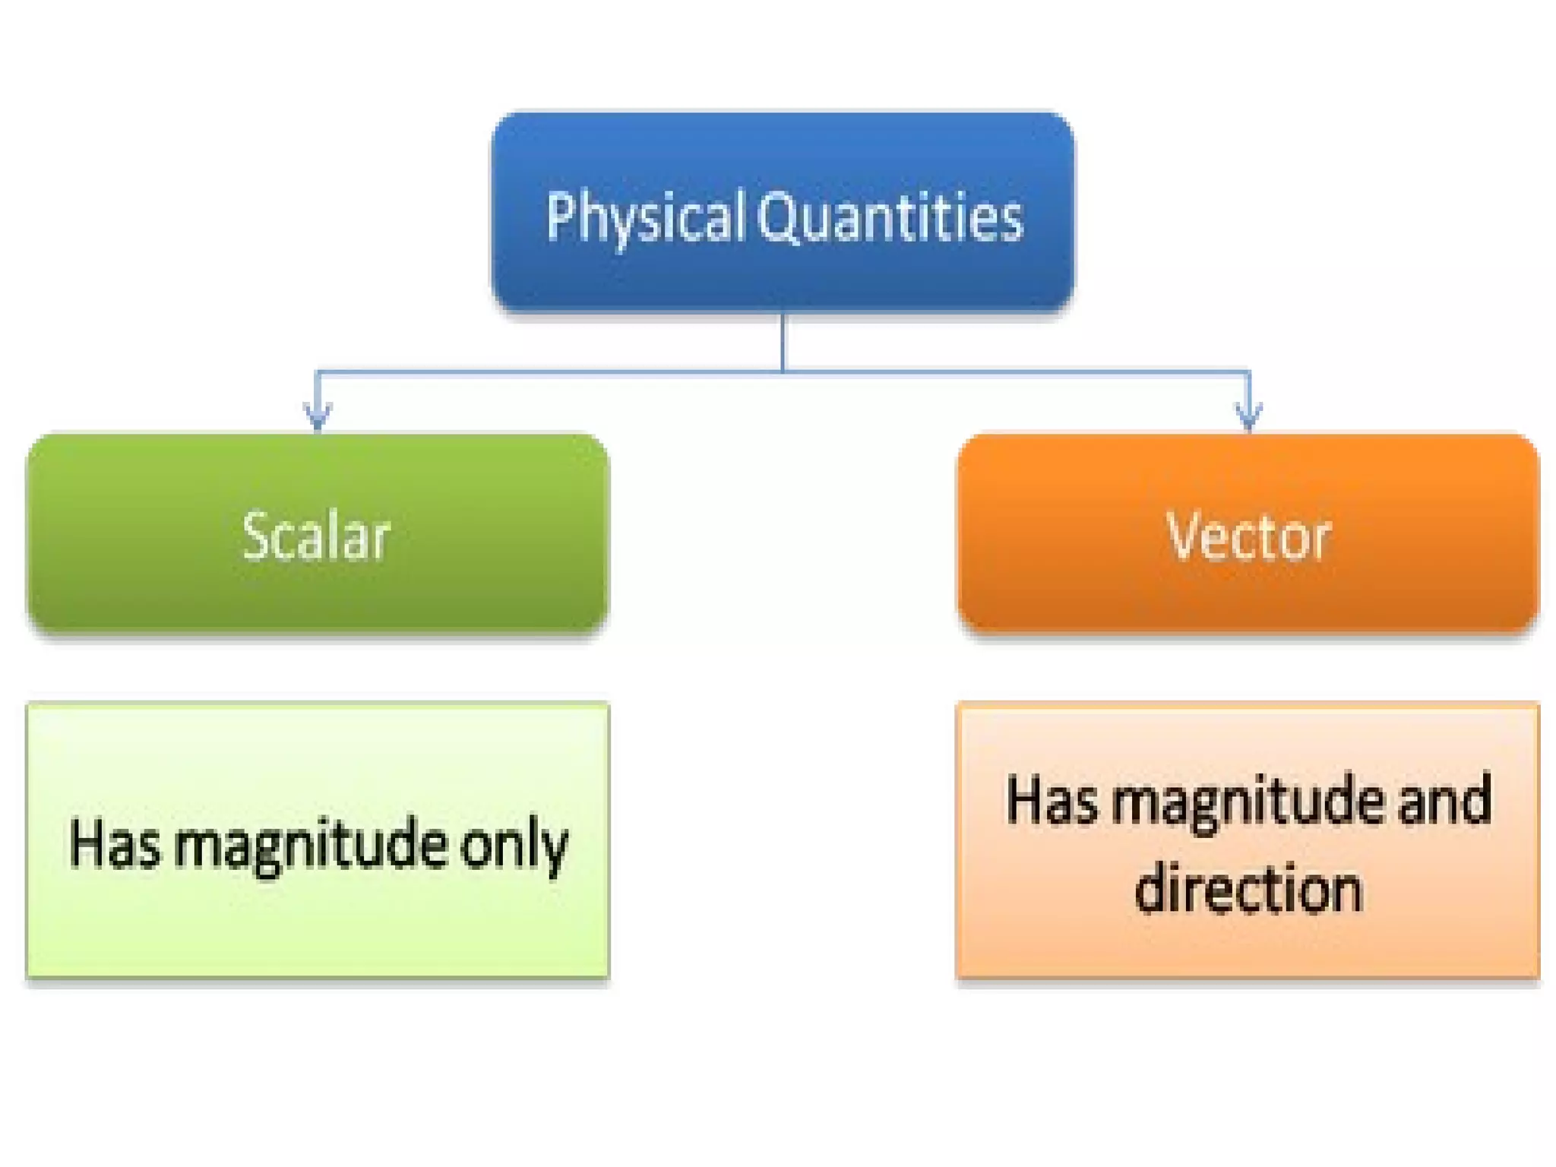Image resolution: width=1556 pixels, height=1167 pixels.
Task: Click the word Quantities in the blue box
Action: [x=890, y=217]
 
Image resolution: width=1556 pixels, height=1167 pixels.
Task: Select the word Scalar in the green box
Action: [x=316, y=536]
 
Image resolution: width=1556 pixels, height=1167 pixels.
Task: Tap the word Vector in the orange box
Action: [x=1248, y=536]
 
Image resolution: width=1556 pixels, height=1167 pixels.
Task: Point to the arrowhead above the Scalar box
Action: [x=318, y=416]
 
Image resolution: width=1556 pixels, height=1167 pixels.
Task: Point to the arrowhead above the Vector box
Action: [x=1249, y=416]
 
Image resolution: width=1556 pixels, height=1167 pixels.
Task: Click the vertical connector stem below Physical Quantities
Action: [x=783, y=342]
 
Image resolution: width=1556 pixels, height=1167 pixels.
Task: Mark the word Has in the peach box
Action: [x=1052, y=799]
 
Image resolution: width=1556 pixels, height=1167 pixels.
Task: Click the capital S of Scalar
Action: [x=256, y=536]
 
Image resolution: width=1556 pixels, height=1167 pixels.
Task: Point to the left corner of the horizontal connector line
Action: [x=318, y=372]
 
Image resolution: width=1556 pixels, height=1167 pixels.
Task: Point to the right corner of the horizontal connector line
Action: [x=1249, y=372]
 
